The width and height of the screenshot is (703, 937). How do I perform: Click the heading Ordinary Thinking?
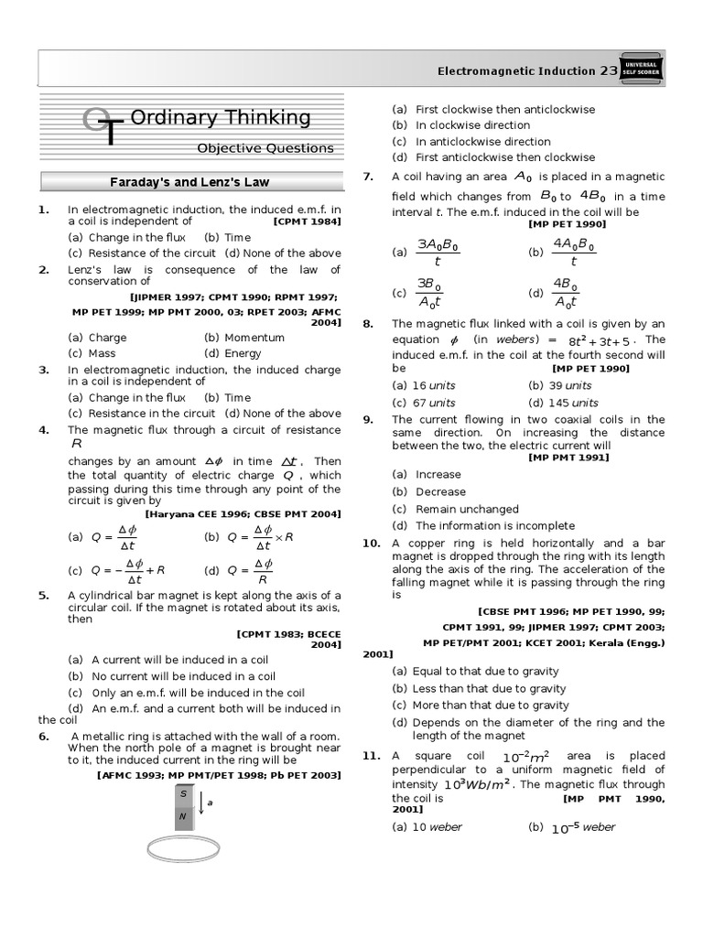coord(221,118)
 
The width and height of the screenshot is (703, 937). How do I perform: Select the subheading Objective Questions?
coord(265,148)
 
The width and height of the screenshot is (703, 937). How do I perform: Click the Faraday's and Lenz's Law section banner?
coord(189,182)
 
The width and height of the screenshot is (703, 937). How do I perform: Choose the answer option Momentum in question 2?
coord(242,338)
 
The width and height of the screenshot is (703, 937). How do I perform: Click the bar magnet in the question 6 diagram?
coord(183,803)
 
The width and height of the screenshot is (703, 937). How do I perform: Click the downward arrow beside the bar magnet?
coord(200,802)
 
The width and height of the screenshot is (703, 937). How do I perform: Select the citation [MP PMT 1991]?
coord(568,458)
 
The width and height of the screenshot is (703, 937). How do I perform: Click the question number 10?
coord(371,544)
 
